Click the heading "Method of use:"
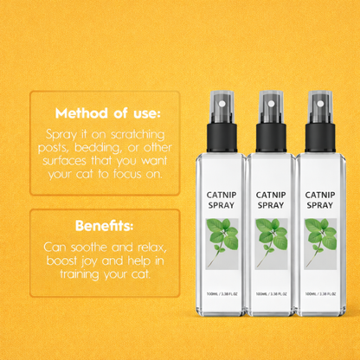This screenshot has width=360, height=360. coord(107,113)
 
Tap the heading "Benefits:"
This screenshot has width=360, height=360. coord(105,226)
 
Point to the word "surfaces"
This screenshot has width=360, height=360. coord(64,161)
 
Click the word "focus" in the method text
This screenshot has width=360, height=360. coord(127,174)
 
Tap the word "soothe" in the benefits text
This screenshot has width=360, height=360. coord(89,247)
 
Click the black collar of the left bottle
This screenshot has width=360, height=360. coord(222,138)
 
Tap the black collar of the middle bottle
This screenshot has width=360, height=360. coord(271,138)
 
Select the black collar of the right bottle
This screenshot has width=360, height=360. coord(320,138)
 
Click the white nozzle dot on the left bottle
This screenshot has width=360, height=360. coord(222,104)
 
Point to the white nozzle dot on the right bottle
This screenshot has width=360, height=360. coord(320,104)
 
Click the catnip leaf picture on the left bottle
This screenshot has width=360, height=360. coord(222,244)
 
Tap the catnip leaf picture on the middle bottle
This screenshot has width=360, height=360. coord(271,244)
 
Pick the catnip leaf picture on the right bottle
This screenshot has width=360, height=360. coord(320,244)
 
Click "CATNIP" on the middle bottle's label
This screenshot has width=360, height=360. coord(271,196)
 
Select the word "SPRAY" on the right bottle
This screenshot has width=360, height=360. coord(320,205)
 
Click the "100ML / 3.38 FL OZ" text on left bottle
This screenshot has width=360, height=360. coord(222,294)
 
